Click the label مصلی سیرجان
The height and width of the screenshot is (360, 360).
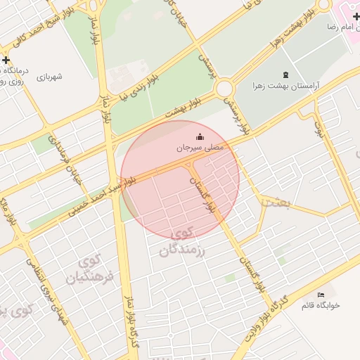[199, 148]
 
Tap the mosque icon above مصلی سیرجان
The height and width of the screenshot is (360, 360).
[200, 136]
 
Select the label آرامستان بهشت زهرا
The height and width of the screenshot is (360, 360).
[287, 86]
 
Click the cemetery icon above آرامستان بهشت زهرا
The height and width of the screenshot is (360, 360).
[285, 75]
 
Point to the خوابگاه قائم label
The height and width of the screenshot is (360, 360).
[321, 305]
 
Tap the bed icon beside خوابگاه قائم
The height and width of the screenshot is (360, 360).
[321, 294]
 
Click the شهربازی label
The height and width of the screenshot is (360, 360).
[49, 77]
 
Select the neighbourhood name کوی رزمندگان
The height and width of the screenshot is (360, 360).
[186, 241]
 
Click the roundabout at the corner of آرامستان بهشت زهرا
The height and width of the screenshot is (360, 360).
[225, 89]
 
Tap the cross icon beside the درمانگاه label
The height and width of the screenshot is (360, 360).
[6, 60]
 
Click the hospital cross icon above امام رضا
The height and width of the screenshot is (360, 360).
[356, 15]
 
